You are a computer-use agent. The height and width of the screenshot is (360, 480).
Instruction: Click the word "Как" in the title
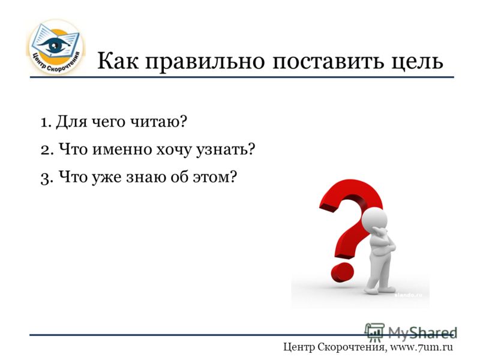coord(118,61)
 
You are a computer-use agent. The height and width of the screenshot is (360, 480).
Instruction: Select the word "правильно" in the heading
coord(205,62)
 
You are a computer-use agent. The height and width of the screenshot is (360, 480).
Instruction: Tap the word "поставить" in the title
coord(328,61)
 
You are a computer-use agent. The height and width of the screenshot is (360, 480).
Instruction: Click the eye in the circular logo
coord(55,45)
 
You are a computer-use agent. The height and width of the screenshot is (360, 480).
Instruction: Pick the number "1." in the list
coord(46,122)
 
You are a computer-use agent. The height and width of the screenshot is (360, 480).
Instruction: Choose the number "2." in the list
coord(47,150)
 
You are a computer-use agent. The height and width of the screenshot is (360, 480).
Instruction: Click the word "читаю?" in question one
coord(158,122)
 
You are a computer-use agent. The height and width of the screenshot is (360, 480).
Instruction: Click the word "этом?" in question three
coord(215,177)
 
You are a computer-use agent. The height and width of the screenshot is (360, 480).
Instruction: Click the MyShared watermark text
coord(422,332)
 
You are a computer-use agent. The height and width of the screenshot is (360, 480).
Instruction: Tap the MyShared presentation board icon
coord(374,332)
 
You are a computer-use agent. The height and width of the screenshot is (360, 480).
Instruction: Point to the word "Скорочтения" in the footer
coord(352,347)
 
